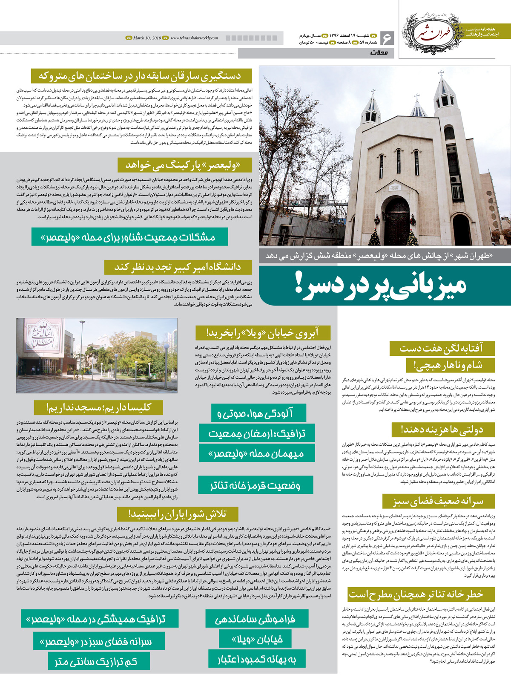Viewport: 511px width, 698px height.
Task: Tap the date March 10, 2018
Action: (146, 38)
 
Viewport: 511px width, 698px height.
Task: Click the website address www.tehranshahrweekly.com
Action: (194, 38)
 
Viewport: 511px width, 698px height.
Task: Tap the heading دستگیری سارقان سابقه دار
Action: (141, 77)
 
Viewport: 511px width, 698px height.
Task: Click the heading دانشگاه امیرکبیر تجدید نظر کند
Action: (178, 267)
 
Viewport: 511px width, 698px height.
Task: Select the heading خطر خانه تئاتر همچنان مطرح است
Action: (416, 594)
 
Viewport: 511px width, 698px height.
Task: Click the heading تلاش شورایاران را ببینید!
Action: (177, 514)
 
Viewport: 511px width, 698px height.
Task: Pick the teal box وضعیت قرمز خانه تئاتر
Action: (255, 485)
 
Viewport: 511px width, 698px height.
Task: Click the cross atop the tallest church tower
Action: (441, 73)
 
